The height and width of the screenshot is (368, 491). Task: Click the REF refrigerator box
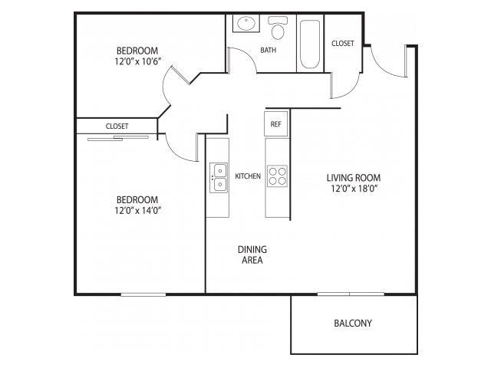[x=275, y=123]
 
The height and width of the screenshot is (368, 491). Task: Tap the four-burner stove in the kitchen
[x=276, y=176]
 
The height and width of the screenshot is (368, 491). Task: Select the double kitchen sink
[x=219, y=177]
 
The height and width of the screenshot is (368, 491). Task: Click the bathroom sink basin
[x=247, y=25]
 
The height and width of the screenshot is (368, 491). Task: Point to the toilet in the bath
[x=277, y=30]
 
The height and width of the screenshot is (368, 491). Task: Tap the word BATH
[x=269, y=51]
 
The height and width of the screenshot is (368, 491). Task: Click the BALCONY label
[x=353, y=324]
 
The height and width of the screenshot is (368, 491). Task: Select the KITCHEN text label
[x=248, y=176]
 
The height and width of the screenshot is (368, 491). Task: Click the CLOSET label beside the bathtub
[x=343, y=44]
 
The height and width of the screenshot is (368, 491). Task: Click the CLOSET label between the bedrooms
[x=117, y=126]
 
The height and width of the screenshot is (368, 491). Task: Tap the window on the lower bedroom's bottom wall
[x=143, y=294]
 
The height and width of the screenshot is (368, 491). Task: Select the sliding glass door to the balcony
[x=350, y=294]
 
